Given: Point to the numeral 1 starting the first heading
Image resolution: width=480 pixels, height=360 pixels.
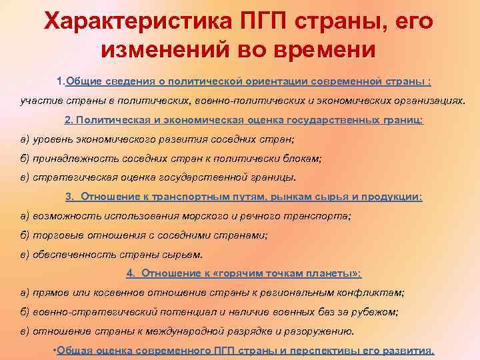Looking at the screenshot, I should click(60, 81).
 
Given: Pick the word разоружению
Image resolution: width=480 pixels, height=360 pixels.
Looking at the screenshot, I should click(319, 331).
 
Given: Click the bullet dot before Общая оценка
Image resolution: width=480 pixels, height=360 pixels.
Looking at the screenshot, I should click(55, 351).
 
